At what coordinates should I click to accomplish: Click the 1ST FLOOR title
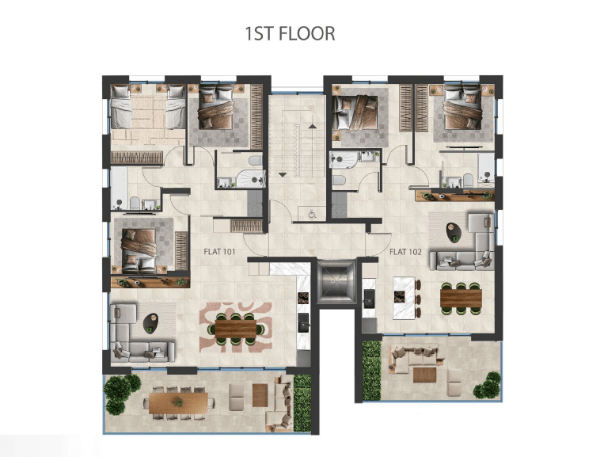pos(290,33)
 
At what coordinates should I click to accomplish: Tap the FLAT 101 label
pos(219,252)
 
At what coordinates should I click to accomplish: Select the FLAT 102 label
pos(405,252)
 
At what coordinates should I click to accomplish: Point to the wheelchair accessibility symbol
pos(312,214)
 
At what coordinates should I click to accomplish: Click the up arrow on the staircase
pos(313,126)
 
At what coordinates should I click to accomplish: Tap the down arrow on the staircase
pos(283,175)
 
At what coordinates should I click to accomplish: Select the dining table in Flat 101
pos(236,329)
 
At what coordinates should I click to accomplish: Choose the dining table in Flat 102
pos(461,299)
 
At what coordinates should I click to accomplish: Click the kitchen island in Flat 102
pos(404,298)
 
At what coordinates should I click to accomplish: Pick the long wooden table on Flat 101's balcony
pos(178,403)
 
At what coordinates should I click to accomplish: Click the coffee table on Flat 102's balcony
pos(424,375)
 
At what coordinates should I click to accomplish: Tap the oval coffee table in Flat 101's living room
pos(150,323)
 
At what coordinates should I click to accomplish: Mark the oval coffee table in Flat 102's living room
pos(454,232)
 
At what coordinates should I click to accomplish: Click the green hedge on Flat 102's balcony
pos(372,371)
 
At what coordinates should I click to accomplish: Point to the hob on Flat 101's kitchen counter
pos(303,299)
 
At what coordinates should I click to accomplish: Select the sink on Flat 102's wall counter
pos(369,299)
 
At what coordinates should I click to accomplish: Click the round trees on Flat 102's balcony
pos(488,385)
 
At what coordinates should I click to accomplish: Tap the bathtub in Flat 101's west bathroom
pos(119,189)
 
